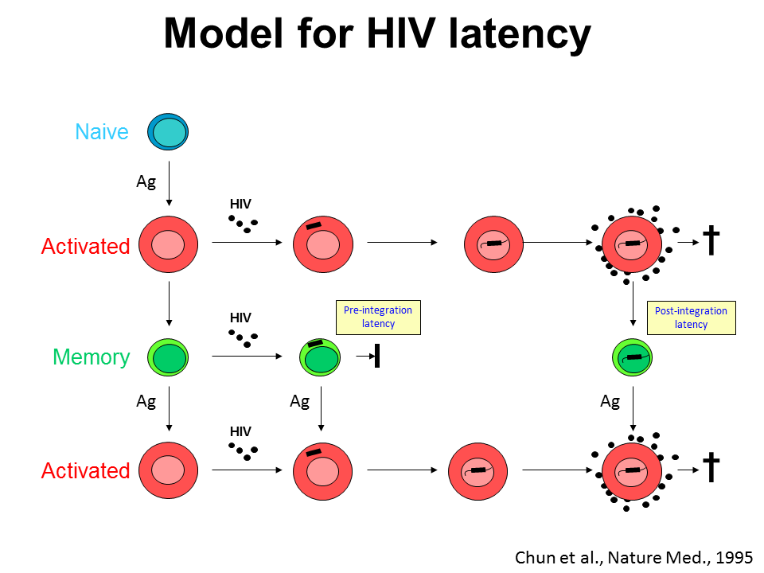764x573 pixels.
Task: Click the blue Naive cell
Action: (x=168, y=131)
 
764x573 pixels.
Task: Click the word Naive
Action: (x=102, y=131)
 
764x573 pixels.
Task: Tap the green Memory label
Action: (x=91, y=357)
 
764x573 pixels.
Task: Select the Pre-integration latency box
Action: (x=378, y=318)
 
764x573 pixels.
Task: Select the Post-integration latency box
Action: (x=691, y=318)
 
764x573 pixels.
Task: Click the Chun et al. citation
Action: (x=633, y=557)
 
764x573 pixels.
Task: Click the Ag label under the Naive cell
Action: (x=146, y=181)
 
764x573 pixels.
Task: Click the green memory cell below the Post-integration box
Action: (x=632, y=357)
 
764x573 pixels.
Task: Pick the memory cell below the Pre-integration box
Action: (x=319, y=357)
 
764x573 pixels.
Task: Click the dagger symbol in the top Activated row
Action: (x=711, y=240)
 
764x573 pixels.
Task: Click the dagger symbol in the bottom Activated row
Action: (x=711, y=469)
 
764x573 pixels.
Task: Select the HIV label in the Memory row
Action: (x=240, y=318)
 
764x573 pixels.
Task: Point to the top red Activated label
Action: (x=85, y=247)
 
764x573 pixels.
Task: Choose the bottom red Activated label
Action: (x=85, y=471)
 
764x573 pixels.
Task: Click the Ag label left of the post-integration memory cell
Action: (x=610, y=402)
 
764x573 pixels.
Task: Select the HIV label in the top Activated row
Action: (x=240, y=205)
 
